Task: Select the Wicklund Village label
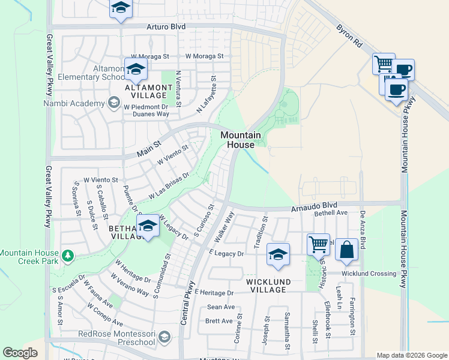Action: point(268,286)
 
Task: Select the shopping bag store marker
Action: point(347,250)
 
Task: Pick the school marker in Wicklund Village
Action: point(278,255)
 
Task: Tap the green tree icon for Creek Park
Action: point(68,256)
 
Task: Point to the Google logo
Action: point(20,353)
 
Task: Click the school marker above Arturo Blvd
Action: point(121,9)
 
